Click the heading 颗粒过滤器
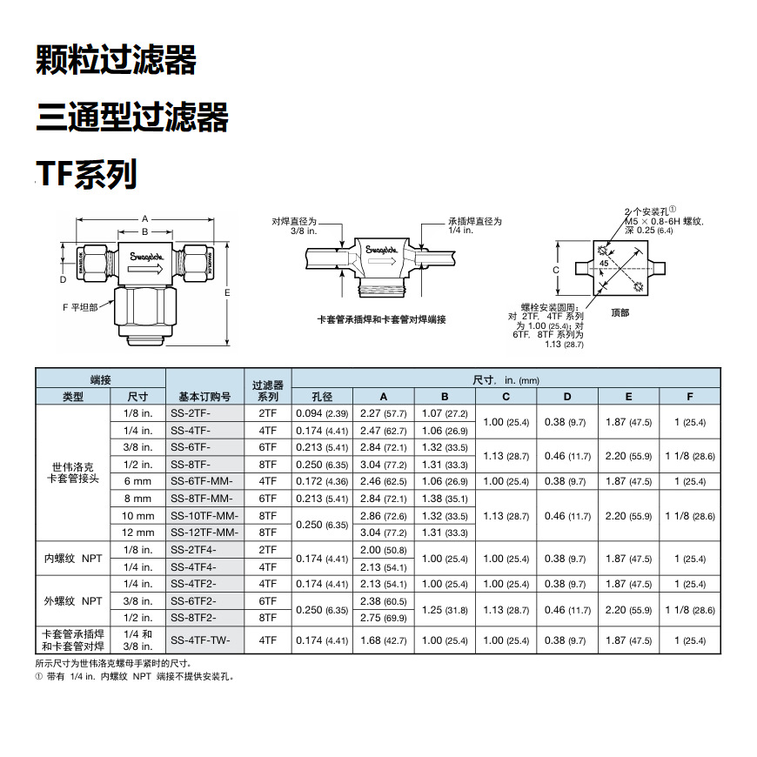tap(116, 61)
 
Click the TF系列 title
tap(87, 174)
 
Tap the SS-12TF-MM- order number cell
tap(204, 533)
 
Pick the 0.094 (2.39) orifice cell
tap(322, 413)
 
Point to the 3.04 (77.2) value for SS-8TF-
tap(384, 465)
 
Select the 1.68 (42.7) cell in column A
tap(384, 640)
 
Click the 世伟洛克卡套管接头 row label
tap(73, 472)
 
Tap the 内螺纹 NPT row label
tap(73, 558)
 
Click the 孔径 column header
tap(322, 396)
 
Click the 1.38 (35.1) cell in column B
tap(445, 499)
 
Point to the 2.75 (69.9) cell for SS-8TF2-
tap(384, 617)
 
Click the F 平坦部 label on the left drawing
tap(80, 307)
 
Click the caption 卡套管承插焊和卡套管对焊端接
tap(381, 319)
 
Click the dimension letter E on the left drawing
tap(228, 292)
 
